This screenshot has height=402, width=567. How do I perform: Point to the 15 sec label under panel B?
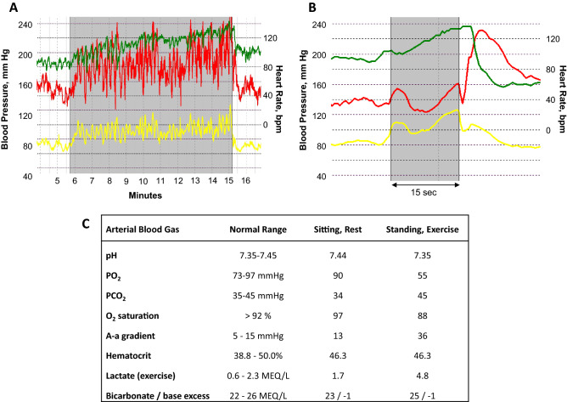tap(424, 194)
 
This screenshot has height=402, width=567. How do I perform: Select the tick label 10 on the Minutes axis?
tap(144, 181)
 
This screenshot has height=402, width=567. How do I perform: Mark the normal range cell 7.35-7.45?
tap(257, 255)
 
